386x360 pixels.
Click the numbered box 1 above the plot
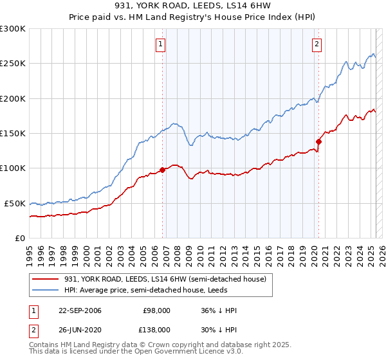coord(160,44)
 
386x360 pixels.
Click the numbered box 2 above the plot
coord(317,44)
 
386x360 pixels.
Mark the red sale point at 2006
coord(162,170)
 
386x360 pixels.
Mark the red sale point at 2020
coord(318,141)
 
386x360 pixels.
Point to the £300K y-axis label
coord(13,29)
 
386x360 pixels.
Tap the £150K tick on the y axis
coord(13,133)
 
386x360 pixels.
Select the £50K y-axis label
coord(15,203)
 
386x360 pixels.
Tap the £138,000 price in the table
coord(156,329)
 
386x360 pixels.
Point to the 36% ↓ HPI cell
coord(219,310)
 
